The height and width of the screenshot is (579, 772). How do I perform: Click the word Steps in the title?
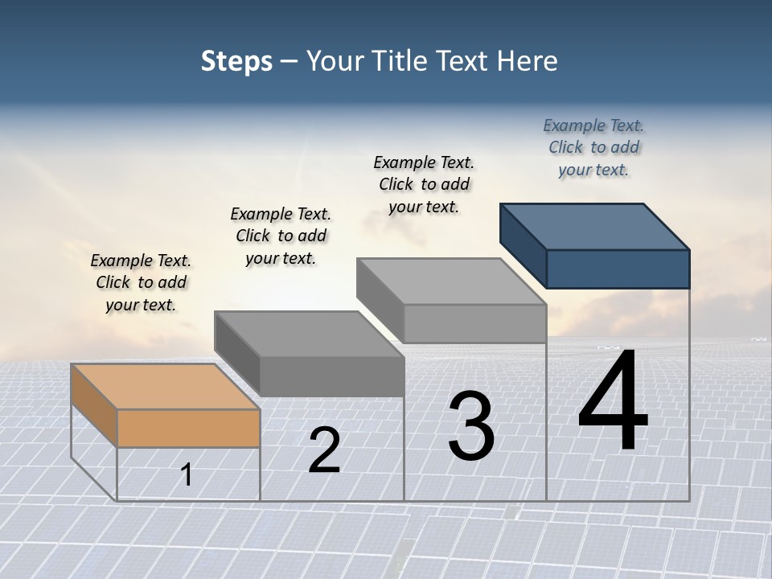(x=236, y=61)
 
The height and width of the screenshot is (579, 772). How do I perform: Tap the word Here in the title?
(x=527, y=61)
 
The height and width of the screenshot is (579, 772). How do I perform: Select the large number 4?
(x=613, y=402)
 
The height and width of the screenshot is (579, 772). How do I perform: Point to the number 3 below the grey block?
(x=470, y=426)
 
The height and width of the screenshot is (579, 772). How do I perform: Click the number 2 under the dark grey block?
(x=324, y=451)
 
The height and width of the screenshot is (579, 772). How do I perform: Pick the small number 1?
(x=187, y=474)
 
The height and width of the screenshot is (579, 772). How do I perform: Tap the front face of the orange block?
(x=188, y=428)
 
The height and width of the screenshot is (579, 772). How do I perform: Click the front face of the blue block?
(x=618, y=269)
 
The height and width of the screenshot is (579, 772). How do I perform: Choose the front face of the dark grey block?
(x=331, y=376)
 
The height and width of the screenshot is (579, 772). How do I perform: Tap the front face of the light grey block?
(x=474, y=323)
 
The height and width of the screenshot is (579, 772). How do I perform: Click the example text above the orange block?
(x=141, y=282)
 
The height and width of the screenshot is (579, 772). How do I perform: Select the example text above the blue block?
(x=593, y=147)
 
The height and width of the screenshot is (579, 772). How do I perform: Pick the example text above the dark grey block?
(x=281, y=236)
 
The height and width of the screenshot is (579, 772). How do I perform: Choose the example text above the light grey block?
(x=424, y=184)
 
